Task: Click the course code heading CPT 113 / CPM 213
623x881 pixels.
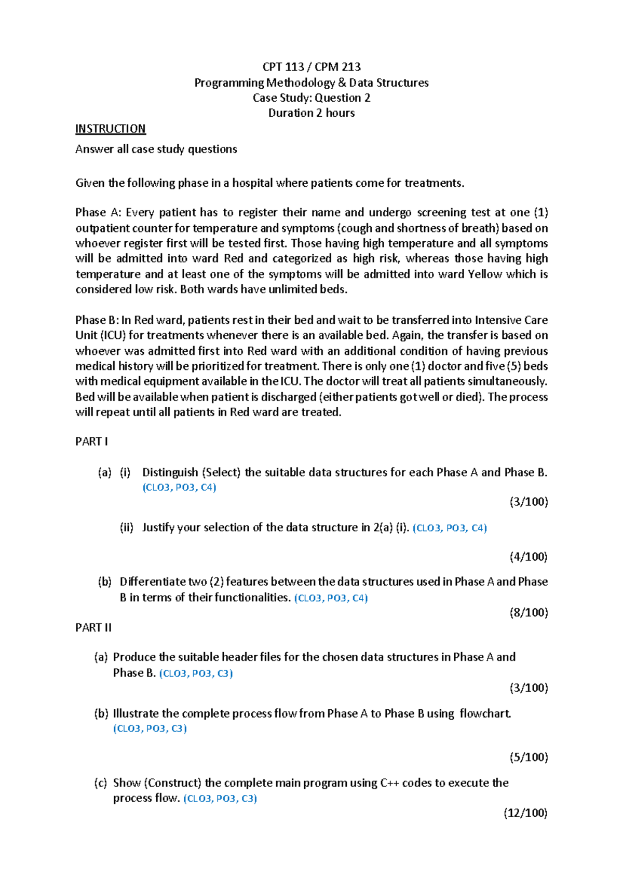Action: click(311, 67)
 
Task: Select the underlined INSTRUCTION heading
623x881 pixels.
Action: click(110, 129)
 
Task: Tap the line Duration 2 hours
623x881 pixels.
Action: click(311, 113)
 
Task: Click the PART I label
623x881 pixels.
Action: click(91, 442)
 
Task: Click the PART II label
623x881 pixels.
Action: click(93, 628)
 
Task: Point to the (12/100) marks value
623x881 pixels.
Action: click(525, 813)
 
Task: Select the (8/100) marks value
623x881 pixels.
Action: click(529, 613)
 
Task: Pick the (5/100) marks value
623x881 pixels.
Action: click(529, 757)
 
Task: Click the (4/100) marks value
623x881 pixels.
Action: click(529, 557)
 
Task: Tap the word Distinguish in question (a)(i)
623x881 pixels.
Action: click(170, 473)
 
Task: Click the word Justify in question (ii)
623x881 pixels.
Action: click(158, 528)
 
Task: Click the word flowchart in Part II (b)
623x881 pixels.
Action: click(485, 714)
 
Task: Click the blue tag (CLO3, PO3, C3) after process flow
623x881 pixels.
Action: click(220, 799)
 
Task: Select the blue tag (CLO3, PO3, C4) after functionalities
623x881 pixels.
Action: click(331, 598)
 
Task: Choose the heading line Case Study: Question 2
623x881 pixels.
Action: click(311, 98)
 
